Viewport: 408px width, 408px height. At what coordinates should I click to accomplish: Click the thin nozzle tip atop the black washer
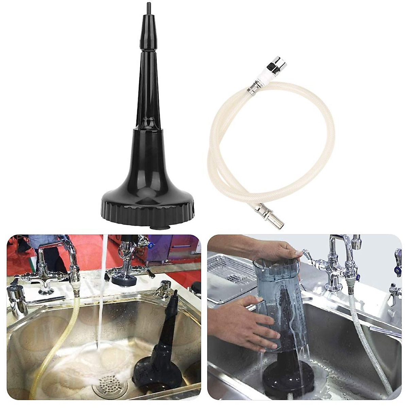pyautogui.click(x=149, y=7)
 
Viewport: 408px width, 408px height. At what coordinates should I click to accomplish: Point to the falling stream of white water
pyautogui.click(x=102, y=299)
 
